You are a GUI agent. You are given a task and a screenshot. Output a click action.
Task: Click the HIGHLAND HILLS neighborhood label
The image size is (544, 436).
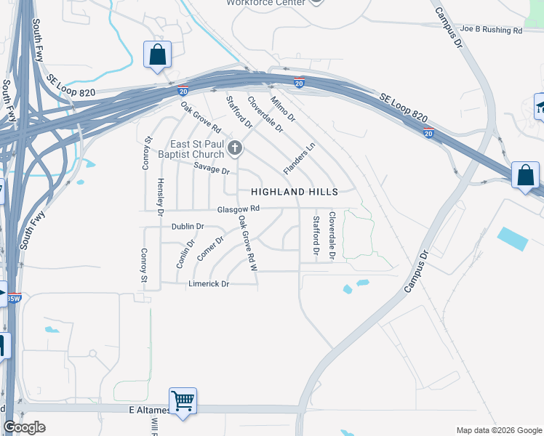[295, 192]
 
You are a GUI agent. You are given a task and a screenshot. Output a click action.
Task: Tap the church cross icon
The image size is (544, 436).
[235, 148]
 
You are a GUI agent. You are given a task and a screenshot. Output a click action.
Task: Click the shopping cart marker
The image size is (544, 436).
[183, 400]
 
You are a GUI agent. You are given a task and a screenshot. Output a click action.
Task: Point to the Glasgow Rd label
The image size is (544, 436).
[238, 209]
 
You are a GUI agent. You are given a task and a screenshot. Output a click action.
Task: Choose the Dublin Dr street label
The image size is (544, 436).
[188, 227]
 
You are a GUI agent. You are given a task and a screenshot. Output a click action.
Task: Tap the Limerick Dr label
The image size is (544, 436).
[209, 284]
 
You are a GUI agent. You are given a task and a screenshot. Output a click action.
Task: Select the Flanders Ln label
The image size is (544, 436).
[300, 158]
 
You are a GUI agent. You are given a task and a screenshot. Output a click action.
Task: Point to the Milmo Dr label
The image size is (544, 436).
[283, 108]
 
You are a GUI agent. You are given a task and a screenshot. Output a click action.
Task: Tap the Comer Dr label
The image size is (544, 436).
[210, 246]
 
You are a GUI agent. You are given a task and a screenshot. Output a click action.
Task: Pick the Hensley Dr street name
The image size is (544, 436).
[161, 195]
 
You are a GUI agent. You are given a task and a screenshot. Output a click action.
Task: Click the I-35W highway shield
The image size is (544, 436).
[14, 298]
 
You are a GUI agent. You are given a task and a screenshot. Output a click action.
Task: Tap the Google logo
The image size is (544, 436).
[24, 427]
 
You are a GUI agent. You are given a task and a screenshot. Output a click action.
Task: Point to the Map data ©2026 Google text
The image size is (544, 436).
[499, 430]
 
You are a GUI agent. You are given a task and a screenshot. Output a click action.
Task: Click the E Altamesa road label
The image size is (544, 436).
[148, 411]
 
